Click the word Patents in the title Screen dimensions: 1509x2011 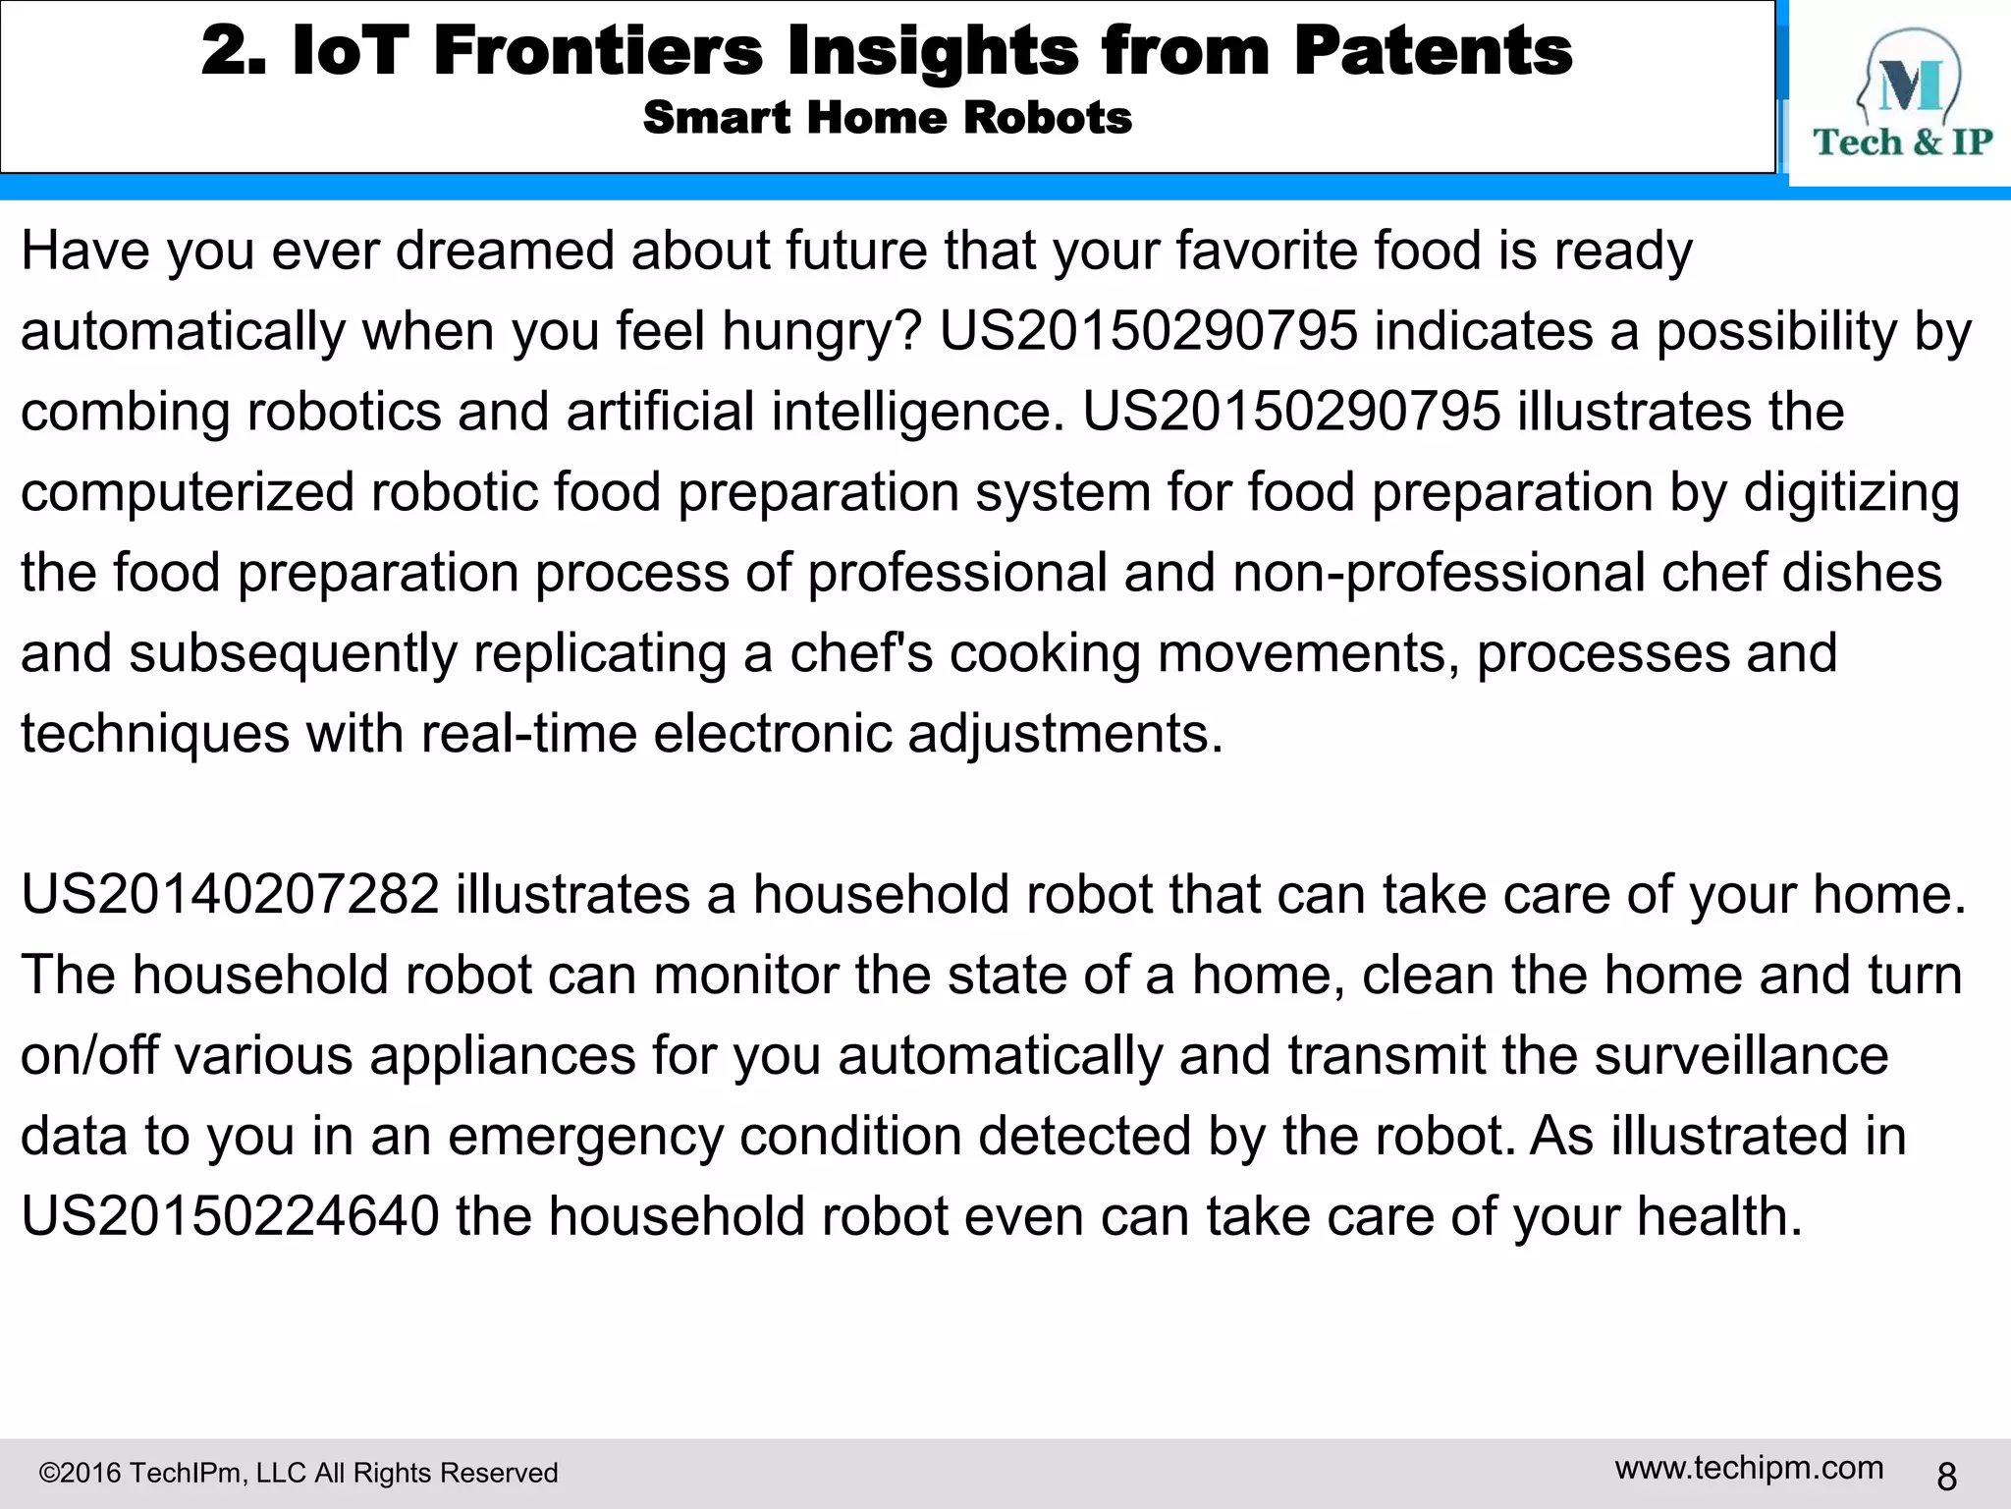pyautogui.click(x=1433, y=51)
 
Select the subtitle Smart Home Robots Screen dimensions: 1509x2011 pyautogui.click(x=887, y=118)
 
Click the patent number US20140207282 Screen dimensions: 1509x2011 pyautogui.click(x=230, y=895)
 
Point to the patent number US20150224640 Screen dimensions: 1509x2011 pyautogui.click(x=230, y=1216)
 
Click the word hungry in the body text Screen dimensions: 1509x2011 pyautogui.click(x=822, y=332)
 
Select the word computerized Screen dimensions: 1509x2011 pyautogui.click(x=188, y=492)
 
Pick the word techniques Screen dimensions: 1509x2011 pyautogui.click(x=155, y=734)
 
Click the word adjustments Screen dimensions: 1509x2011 pyautogui.click(x=1065, y=734)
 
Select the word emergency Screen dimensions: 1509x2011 pyautogui.click(x=585, y=1137)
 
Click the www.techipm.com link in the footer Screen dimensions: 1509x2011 pyautogui.click(x=1749, y=1468)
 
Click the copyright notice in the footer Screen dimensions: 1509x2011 pyautogui.click(x=299, y=1473)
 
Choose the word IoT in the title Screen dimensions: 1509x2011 pyautogui.click(x=351, y=51)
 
